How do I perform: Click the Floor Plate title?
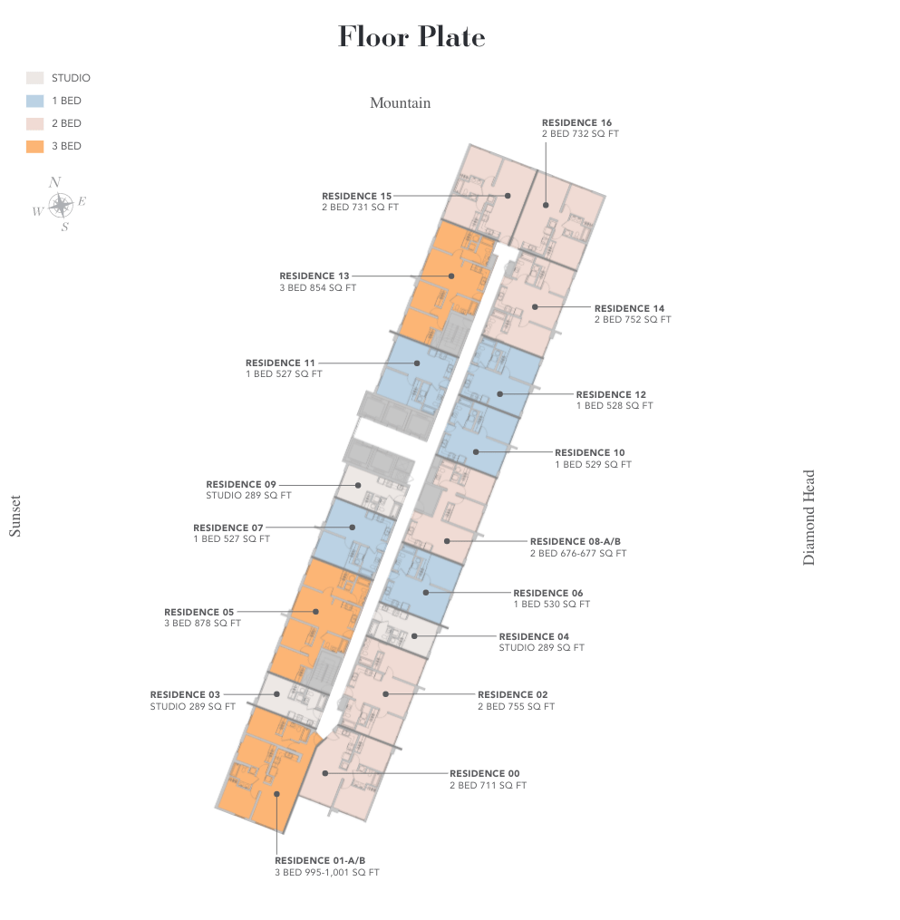[411, 37]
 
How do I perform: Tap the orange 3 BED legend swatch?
[34, 146]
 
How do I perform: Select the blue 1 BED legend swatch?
[34, 101]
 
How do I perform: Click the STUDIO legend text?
[71, 78]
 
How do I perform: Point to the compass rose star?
[61, 206]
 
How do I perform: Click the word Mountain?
[400, 103]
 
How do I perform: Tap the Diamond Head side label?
[808, 518]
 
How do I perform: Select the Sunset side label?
[15, 517]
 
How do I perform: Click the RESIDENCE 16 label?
[576, 122]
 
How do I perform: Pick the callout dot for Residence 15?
[508, 196]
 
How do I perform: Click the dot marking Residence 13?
[451, 276]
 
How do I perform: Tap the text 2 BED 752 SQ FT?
[633, 320]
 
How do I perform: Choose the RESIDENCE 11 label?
[280, 363]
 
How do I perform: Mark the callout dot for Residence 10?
[476, 451]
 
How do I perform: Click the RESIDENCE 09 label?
[240, 485]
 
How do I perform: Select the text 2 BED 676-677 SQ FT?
[578, 553]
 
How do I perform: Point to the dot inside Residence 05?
[315, 612]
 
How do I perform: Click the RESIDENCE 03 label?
[185, 694]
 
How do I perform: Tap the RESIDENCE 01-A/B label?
[320, 861]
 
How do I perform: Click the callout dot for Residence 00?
[325, 773]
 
